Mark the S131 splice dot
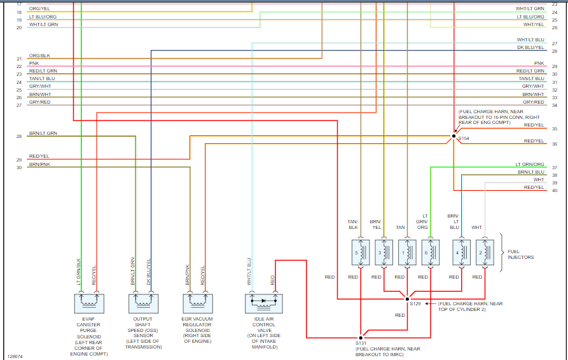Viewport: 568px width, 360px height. pyautogui.click(x=361, y=337)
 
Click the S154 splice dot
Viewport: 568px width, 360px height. pyautogui.click(x=454, y=136)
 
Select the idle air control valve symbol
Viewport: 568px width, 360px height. pyautogui.click(x=263, y=303)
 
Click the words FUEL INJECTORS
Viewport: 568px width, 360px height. pyautogui.click(x=520, y=254)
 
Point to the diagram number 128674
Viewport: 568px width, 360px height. pyautogui.click(x=16, y=356)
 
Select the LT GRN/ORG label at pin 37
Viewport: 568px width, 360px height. pyautogui.click(x=530, y=165)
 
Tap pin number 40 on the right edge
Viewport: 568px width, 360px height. pyautogui.click(x=555, y=190)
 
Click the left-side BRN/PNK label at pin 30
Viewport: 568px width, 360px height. pyautogui.click(x=39, y=165)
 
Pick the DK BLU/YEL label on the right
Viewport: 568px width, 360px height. pyautogui.click(x=530, y=48)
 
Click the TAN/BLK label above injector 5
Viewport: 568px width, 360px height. pyautogui.click(x=353, y=224)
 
